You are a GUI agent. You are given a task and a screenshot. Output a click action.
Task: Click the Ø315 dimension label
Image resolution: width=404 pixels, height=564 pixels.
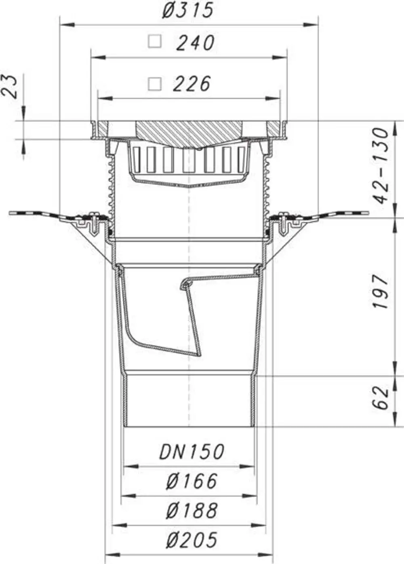point(188,11)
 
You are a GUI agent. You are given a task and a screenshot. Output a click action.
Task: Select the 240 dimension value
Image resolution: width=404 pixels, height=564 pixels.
point(195,43)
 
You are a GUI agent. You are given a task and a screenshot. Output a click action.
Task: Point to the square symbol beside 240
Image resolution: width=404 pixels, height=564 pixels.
point(154,41)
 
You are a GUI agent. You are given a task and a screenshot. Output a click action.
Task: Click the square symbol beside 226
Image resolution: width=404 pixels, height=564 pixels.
point(154,84)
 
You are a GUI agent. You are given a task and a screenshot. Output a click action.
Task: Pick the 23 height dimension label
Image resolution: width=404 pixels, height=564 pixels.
point(10,87)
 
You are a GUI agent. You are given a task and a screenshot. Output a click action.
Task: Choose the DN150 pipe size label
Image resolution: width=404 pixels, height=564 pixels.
point(191,452)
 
